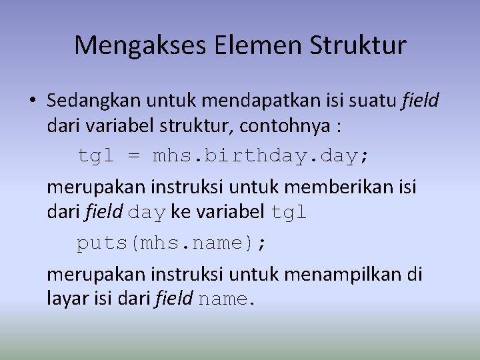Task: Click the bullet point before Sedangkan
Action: [x=31, y=101]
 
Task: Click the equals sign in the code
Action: [x=134, y=156]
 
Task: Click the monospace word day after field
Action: [x=147, y=212]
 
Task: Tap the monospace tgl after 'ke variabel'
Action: [x=289, y=212]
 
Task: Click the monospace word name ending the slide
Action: [x=223, y=299]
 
